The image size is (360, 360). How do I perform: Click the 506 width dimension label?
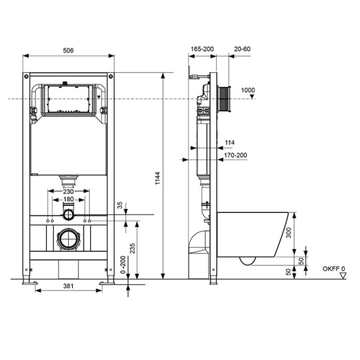[x=68, y=52]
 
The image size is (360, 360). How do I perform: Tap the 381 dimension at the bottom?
[x=68, y=286]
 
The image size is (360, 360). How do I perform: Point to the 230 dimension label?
[x=68, y=191]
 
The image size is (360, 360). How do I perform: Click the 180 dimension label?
[x=68, y=199]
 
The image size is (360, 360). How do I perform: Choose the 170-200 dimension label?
[x=235, y=155]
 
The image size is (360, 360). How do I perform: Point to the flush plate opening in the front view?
[x=68, y=100]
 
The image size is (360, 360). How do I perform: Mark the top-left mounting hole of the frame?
[x=26, y=77]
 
